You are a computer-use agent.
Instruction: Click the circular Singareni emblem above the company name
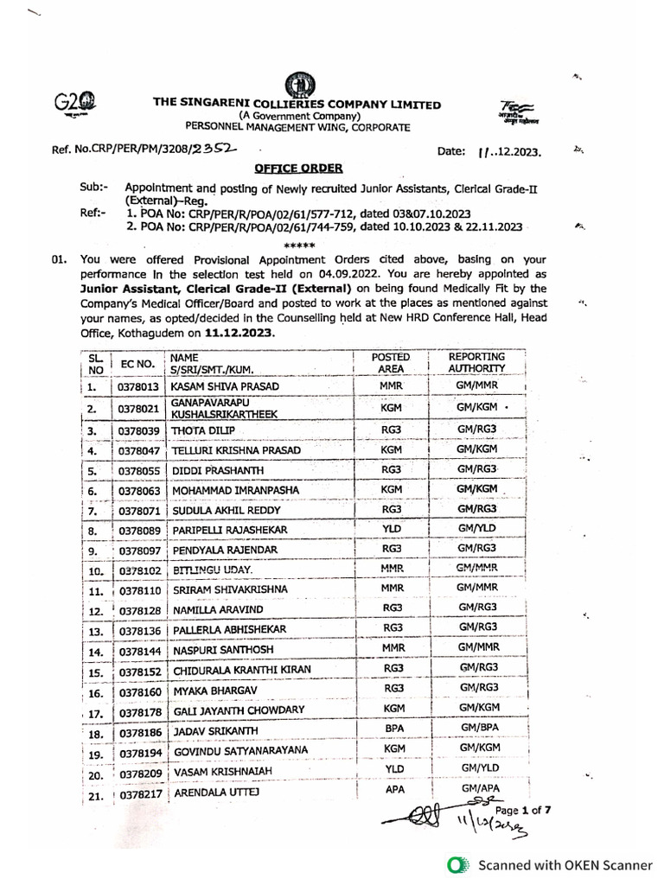click(301, 85)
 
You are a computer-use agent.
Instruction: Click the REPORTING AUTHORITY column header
click(476, 362)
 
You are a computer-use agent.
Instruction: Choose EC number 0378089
click(137, 529)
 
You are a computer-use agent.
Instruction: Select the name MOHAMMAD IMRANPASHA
click(235, 490)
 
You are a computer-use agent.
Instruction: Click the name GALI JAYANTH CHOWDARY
click(239, 710)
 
